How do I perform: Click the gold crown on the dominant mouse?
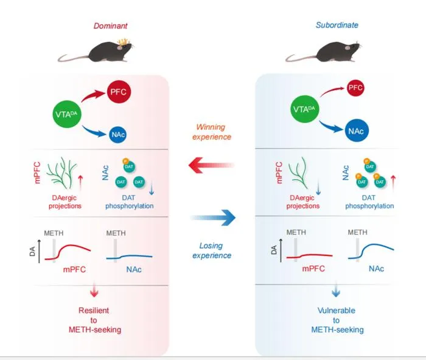tap(123, 41)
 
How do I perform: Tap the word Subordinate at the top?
tap(337, 25)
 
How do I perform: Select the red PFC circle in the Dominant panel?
tap(119, 91)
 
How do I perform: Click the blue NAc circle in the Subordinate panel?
tap(356, 131)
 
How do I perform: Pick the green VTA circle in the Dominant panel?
tap(66, 114)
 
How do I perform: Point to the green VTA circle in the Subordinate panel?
tap(304, 109)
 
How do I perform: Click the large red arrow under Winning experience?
tap(211, 165)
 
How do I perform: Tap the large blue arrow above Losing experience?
tap(213, 217)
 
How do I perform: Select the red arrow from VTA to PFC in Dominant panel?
tap(93, 96)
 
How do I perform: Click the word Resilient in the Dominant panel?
tap(94, 310)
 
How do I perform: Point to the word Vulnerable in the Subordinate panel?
tap(337, 310)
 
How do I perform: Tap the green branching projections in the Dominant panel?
tap(61, 173)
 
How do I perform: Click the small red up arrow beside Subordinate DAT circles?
tap(393, 183)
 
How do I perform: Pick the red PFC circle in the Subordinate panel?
tap(355, 88)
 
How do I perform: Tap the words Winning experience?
tap(212, 132)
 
